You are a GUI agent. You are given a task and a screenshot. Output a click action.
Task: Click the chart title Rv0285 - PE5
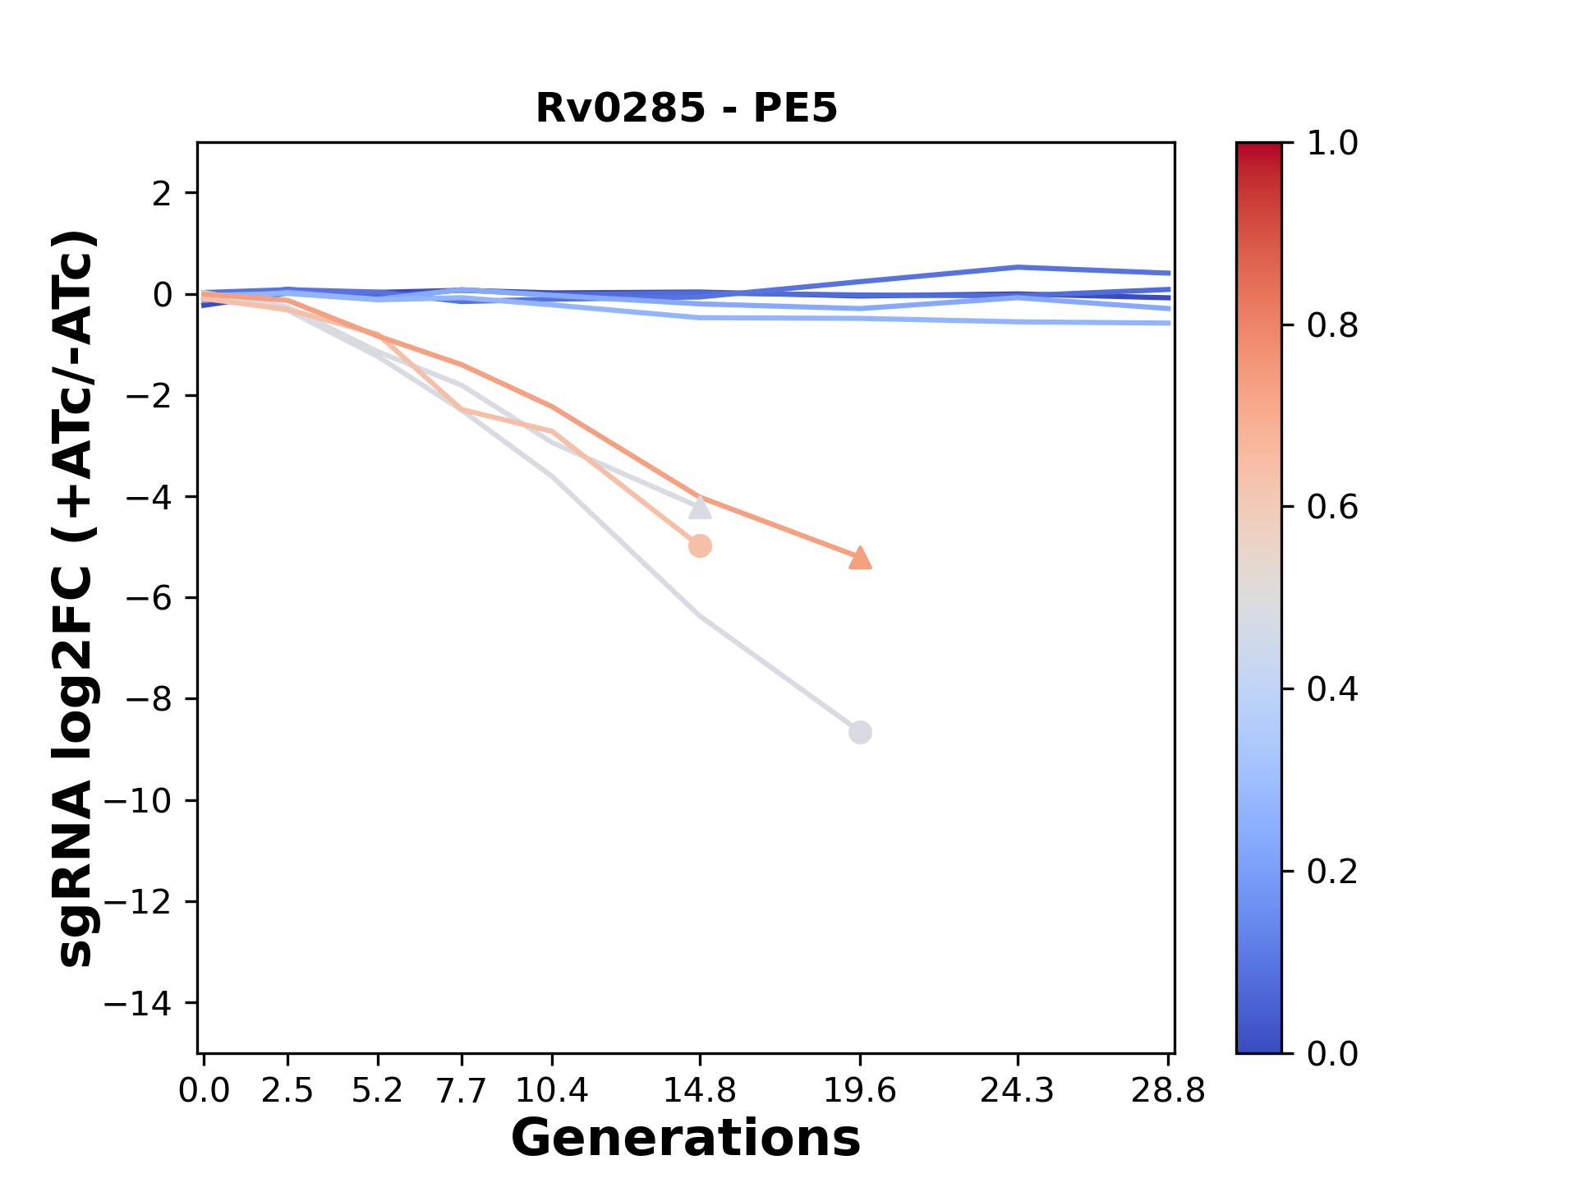click(x=686, y=108)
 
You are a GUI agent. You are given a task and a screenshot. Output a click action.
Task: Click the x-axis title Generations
click(x=686, y=1139)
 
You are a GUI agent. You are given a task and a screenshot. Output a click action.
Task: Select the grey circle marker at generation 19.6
click(x=860, y=732)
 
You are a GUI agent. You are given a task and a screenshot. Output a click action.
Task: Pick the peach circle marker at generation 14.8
click(x=700, y=545)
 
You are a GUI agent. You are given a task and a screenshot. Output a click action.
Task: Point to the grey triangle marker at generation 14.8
click(x=700, y=508)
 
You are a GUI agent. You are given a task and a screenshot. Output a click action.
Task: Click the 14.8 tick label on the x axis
click(x=700, y=1091)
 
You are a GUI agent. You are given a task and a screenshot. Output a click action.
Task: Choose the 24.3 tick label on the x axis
click(x=1018, y=1091)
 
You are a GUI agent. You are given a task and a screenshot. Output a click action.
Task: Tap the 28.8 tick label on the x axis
click(x=1168, y=1091)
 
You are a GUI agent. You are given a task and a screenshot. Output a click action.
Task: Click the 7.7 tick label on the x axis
click(x=462, y=1091)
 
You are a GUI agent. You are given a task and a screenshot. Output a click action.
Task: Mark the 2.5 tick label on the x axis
click(x=287, y=1091)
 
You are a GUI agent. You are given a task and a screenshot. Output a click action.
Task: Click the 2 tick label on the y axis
click(x=162, y=194)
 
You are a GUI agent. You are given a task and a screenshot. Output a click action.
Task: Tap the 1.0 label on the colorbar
click(x=1332, y=144)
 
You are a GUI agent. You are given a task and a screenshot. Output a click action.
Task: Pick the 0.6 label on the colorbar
click(x=1332, y=507)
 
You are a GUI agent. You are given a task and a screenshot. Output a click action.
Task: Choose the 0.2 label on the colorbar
click(x=1332, y=871)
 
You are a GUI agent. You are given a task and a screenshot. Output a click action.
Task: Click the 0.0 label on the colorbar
click(x=1332, y=1053)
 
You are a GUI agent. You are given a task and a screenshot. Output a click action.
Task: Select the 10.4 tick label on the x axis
click(x=551, y=1091)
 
